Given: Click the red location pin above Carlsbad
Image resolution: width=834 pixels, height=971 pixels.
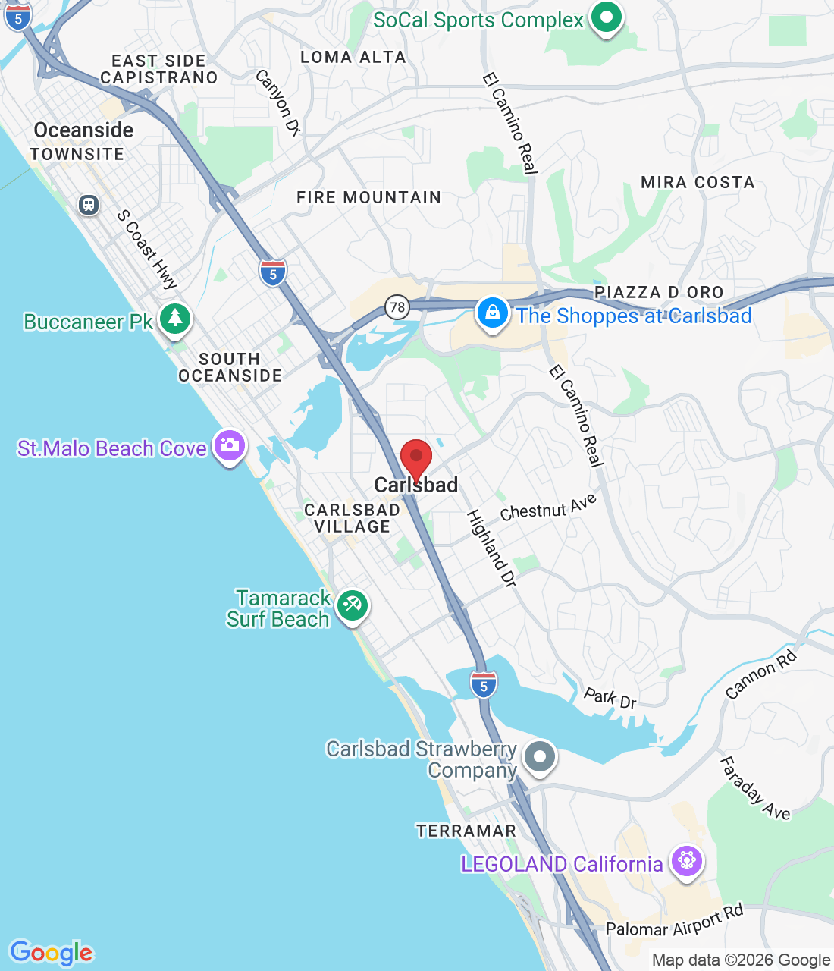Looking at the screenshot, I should click(415, 458).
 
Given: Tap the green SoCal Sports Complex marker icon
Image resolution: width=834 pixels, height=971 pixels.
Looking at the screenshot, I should click(606, 17).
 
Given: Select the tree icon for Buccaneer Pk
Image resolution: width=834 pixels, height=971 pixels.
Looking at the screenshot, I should click(175, 318).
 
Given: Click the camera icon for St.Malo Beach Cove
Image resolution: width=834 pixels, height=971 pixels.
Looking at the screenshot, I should click(229, 445).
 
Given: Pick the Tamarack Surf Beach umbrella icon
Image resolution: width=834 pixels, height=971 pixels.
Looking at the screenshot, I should click(352, 605).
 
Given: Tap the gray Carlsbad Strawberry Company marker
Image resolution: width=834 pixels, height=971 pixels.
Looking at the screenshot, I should click(540, 756).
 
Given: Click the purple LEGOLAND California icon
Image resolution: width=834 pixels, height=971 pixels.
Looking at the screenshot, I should click(687, 861).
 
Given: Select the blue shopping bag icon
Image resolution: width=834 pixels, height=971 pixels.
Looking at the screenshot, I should click(492, 313).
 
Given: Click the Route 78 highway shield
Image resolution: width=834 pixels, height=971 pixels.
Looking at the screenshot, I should click(397, 307).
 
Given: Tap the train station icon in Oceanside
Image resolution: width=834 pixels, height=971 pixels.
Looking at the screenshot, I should click(89, 205).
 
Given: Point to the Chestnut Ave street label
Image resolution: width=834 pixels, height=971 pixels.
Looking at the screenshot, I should click(548, 507).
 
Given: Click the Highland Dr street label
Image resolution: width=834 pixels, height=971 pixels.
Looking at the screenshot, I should click(491, 548).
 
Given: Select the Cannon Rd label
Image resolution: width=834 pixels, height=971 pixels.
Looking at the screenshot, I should click(761, 674).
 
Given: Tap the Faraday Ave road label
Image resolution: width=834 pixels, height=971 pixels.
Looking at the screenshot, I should click(754, 788).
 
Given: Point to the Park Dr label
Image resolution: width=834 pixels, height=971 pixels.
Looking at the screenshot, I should click(610, 697).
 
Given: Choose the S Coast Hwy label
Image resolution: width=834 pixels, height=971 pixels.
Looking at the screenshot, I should click(148, 249).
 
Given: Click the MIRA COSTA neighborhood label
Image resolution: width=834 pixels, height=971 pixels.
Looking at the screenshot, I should click(698, 182).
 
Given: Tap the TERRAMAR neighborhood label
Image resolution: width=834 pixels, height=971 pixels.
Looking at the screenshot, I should click(466, 831).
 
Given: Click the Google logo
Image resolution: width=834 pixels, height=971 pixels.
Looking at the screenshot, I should click(51, 953).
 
